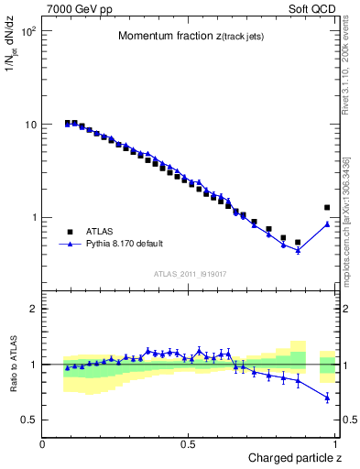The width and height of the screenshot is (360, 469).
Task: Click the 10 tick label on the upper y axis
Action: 30,125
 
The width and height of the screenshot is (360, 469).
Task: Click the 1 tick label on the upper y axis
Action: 33,218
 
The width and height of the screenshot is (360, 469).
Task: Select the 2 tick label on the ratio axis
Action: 33,309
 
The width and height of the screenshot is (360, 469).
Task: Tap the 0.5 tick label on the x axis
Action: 190,443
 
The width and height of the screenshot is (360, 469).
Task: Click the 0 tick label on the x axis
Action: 43,443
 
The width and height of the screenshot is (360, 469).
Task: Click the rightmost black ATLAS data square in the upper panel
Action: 327,208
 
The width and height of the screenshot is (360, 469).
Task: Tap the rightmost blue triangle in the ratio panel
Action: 327,398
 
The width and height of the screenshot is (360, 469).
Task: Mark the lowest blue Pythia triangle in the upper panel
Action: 298,250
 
